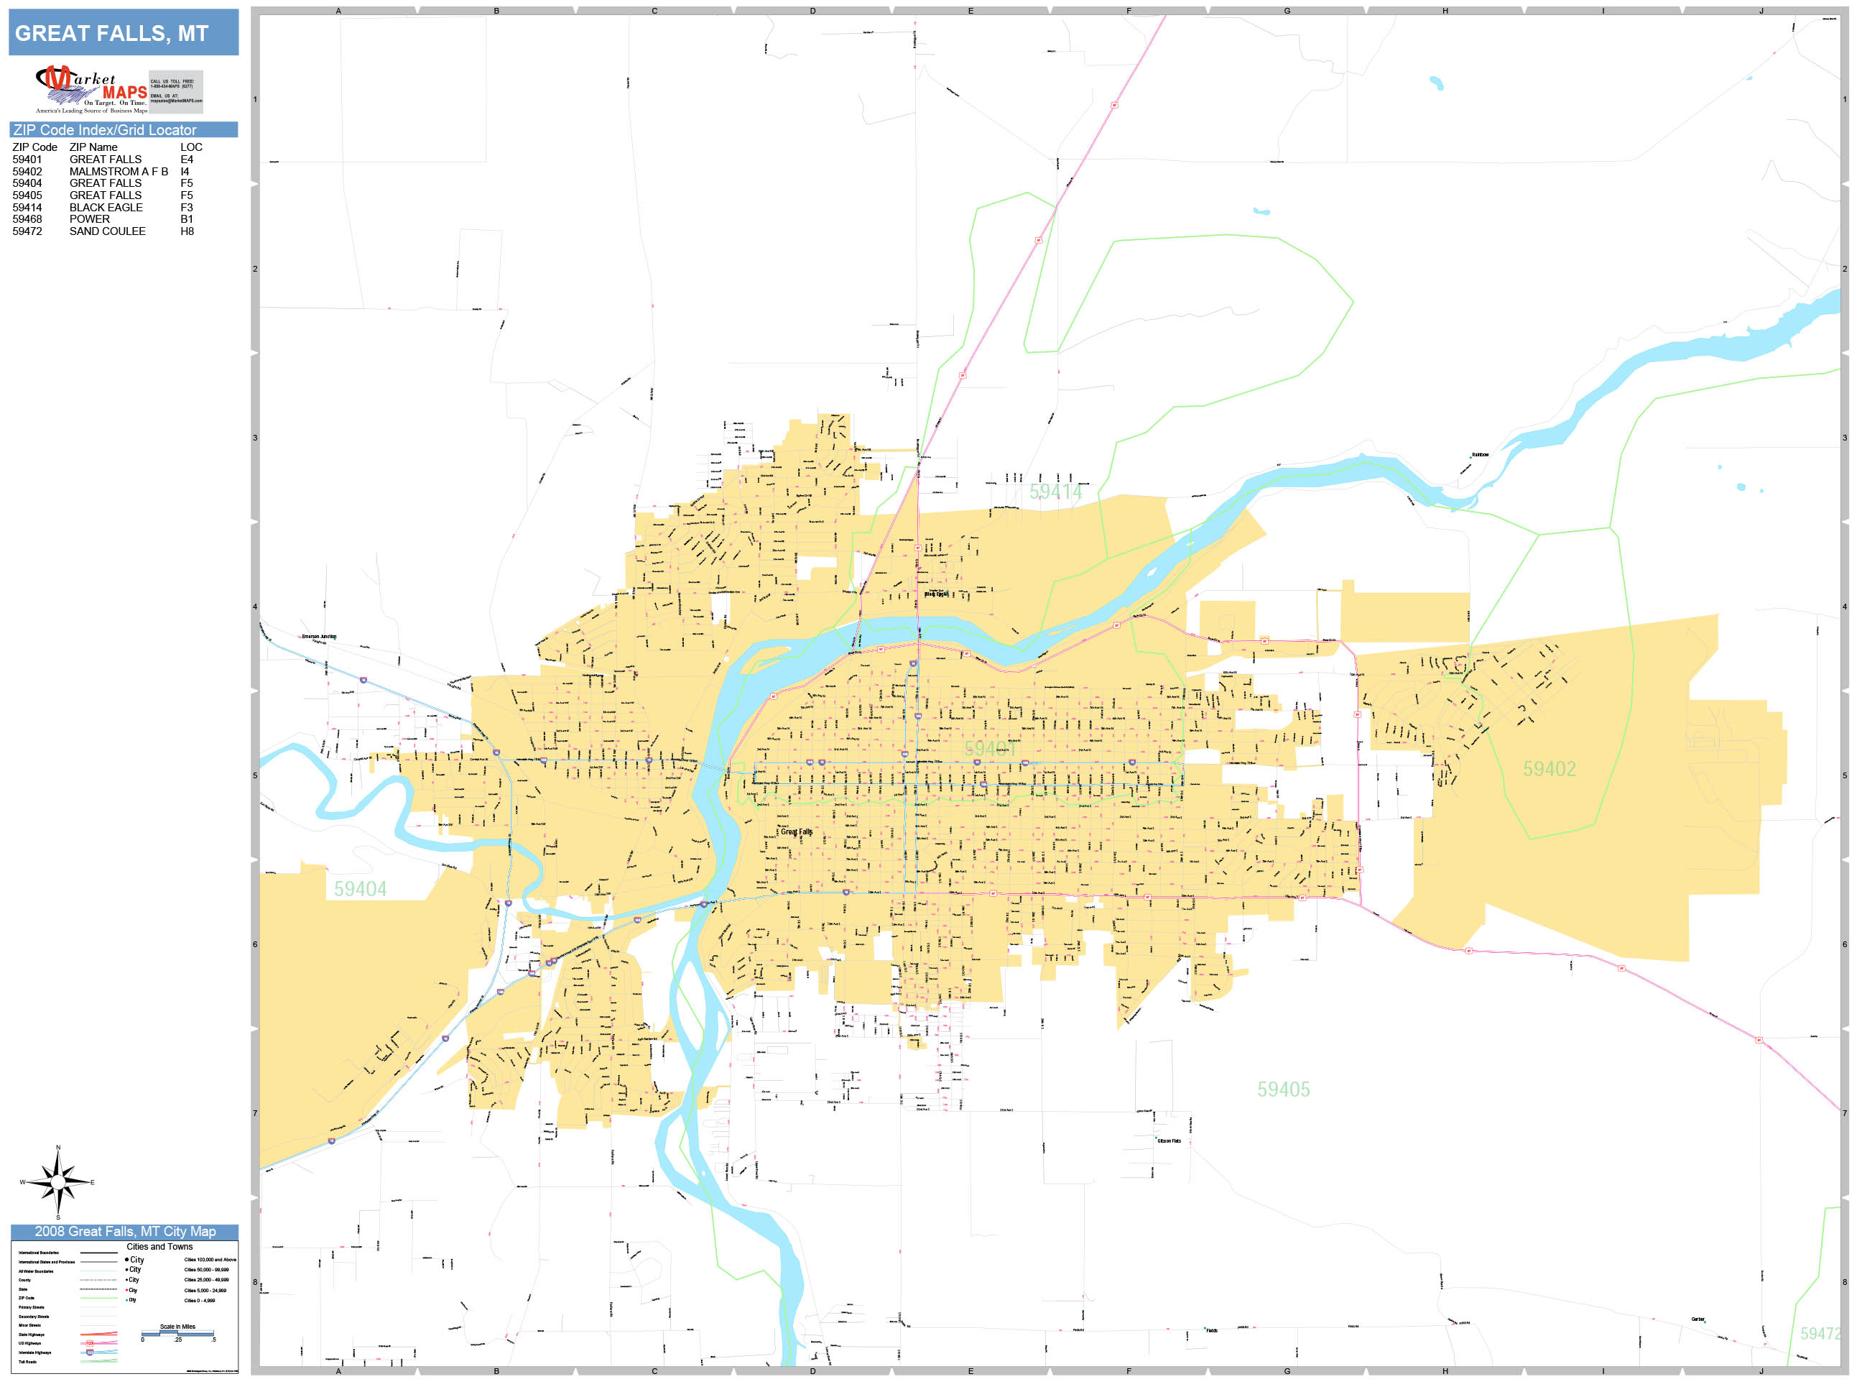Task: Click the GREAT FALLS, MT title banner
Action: point(123,33)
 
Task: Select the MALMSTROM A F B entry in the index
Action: point(118,171)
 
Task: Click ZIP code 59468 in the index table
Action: point(27,219)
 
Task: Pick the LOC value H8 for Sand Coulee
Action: point(187,231)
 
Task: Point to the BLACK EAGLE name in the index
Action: point(106,207)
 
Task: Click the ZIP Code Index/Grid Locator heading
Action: point(104,129)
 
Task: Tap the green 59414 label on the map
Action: point(1055,492)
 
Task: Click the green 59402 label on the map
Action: point(1549,769)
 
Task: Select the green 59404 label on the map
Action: point(361,889)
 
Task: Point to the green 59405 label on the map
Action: point(1283,1089)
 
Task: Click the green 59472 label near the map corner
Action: point(1819,1334)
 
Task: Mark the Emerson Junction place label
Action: point(319,637)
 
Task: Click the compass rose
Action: point(57,1183)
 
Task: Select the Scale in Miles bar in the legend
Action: point(177,1333)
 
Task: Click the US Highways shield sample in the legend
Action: point(90,1343)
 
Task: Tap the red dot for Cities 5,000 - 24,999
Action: point(127,1290)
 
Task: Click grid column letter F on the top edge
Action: point(1129,11)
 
